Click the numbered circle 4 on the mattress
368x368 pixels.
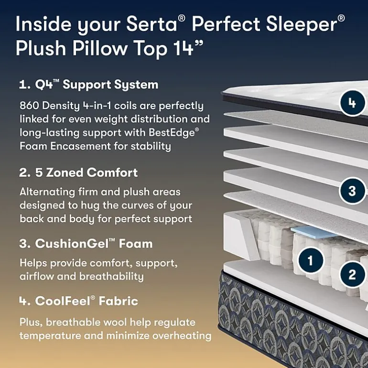pos(353,103)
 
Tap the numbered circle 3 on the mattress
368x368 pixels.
pos(353,191)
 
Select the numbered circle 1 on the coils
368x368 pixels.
pos(311,260)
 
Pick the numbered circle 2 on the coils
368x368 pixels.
pos(353,274)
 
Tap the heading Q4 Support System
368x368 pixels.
pos(89,85)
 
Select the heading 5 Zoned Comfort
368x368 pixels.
pos(78,173)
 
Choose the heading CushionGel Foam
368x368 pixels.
pos(86,243)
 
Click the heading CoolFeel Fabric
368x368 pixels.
pos(79,301)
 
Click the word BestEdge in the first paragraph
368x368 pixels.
pos(172,132)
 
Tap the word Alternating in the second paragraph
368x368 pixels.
pos(47,192)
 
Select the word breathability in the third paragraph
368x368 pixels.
pos(111,276)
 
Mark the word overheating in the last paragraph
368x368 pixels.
pos(182,336)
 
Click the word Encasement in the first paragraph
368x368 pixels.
pos(80,146)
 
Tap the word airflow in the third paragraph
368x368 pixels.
pos(36,276)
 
